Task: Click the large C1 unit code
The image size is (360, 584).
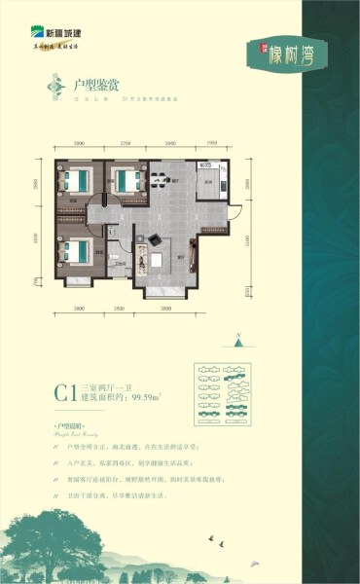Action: [65, 394]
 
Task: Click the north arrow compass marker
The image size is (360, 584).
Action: [237, 342]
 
